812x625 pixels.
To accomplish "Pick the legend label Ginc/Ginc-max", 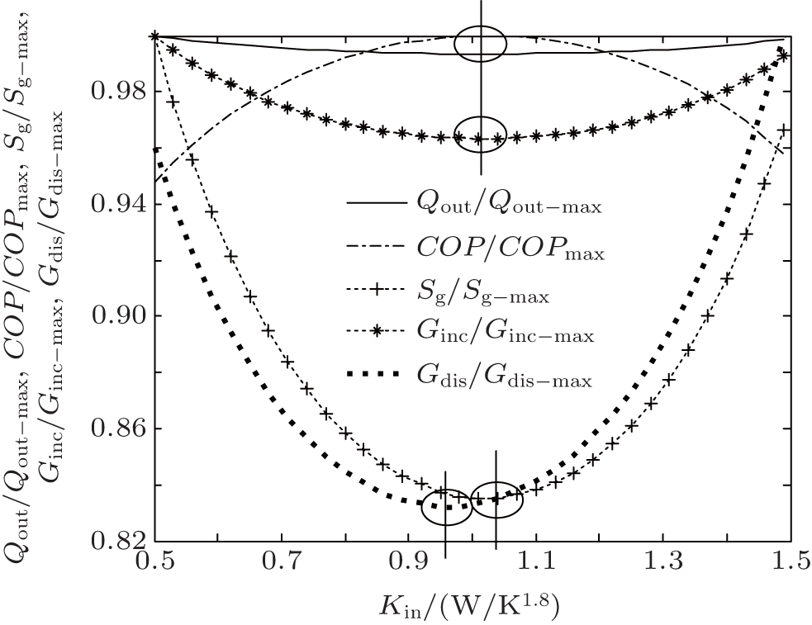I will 505,336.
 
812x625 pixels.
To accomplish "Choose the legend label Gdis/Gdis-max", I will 505,380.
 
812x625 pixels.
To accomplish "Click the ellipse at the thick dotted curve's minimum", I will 447,507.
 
